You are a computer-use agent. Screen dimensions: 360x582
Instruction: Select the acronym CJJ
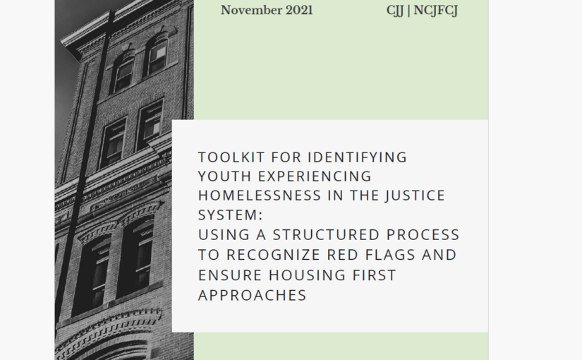point(395,11)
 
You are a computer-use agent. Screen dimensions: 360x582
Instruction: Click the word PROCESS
point(422,235)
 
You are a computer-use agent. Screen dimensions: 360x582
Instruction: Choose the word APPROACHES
point(252,294)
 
